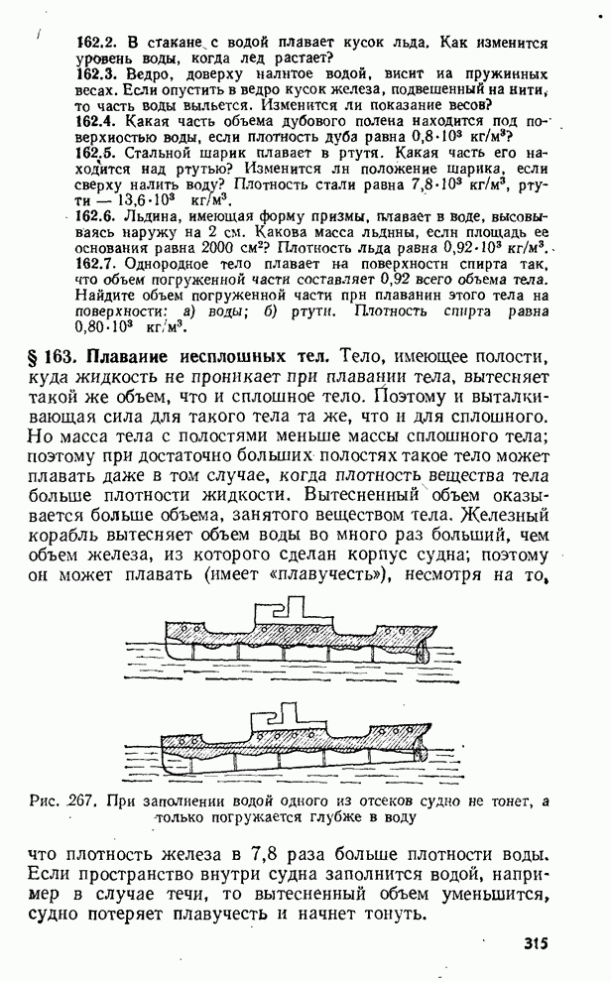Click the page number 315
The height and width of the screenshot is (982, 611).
point(533,943)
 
